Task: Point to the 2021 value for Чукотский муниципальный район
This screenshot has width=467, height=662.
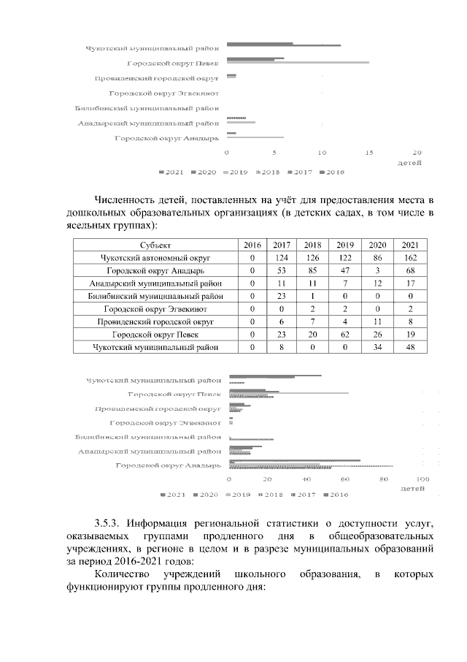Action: pyautogui.click(x=410, y=348)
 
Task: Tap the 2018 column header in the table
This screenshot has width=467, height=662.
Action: pyautogui.click(x=313, y=245)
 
